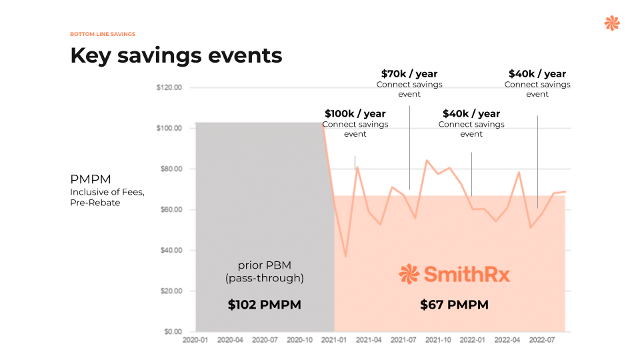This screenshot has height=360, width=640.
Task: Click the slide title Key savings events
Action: (176, 55)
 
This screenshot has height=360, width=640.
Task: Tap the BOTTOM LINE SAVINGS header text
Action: (103, 34)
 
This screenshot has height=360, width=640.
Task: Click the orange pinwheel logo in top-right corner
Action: (611, 23)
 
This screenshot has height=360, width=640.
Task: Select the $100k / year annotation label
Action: (355, 114)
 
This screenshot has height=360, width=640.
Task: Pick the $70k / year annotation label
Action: (409, 74)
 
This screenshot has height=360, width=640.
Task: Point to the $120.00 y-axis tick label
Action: (169, 88)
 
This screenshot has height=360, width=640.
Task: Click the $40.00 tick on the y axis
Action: (170, 251)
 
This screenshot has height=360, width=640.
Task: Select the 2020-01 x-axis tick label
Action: (195, 340)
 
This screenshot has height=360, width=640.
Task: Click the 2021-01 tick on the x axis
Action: (334, 340)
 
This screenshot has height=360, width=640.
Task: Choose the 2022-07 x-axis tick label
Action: (542, 340)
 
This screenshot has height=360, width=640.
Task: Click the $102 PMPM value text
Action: (264, 305)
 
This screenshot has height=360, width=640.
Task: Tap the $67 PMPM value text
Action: (454, 305)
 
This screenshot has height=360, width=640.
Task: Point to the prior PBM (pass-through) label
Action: (264, 271)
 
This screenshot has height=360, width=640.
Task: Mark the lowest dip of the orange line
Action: (345, 255)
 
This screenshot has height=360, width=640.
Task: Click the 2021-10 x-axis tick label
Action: (438, 340)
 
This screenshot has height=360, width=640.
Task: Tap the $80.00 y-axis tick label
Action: (170, 169)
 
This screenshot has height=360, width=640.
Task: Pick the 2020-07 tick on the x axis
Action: (265, 340)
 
